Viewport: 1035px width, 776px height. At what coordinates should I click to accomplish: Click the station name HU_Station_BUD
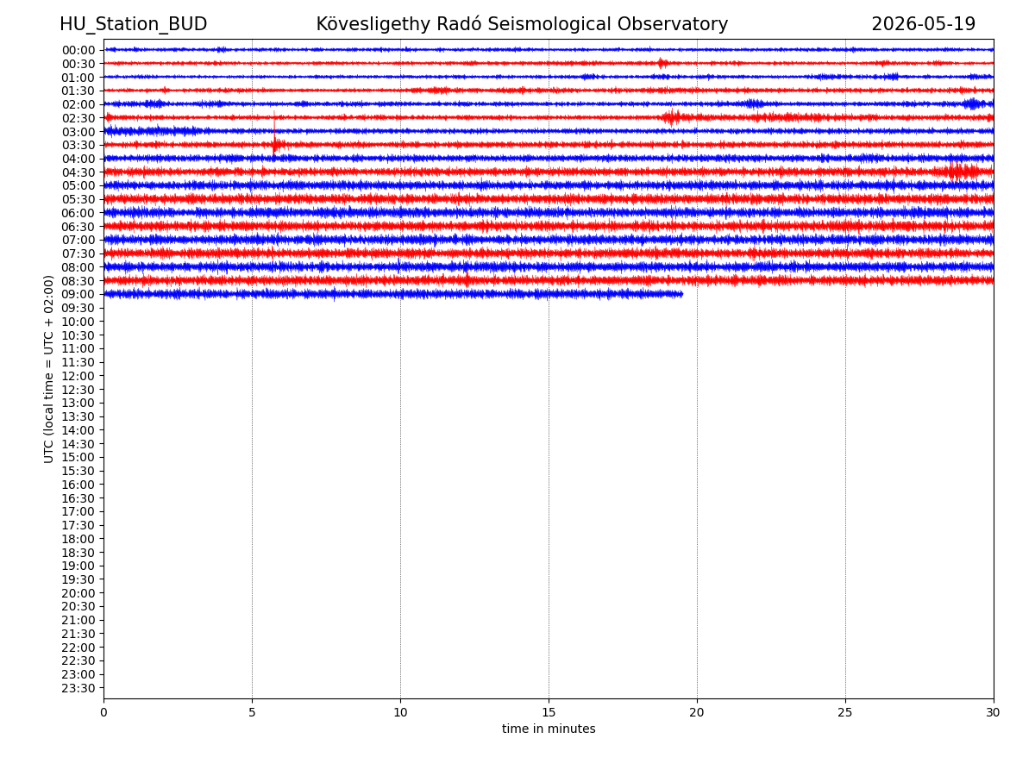tap(133, 24)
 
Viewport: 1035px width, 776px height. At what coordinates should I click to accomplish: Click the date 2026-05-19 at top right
tap(923, 24)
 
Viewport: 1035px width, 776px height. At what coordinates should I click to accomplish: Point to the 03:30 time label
tap(78, 145)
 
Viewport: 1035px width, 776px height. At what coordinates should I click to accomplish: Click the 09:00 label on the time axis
tap(78, 295)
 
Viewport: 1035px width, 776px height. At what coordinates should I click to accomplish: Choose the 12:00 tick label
tap(78, 376)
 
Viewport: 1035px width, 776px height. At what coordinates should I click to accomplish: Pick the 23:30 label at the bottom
tap(78, 688)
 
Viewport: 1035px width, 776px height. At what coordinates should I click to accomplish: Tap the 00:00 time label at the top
tap(78, 50)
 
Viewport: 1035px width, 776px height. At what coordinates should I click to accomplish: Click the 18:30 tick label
tap(78, 553)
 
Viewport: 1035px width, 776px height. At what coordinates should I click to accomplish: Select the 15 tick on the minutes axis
tap(549, 712)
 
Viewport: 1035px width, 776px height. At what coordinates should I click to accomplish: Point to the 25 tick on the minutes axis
tap(845, 712)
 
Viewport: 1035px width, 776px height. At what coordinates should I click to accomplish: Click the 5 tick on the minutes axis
tap(252, 712)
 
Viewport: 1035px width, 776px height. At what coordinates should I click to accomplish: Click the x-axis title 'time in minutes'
tap(549, 729)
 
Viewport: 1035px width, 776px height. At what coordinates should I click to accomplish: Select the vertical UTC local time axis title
tap(48, 369)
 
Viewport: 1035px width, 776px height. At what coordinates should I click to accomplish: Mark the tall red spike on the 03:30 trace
tap(274, 134)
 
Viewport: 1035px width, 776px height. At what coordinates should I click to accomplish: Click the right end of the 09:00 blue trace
tap(682, 295)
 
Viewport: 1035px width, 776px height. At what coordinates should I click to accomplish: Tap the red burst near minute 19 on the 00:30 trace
tap(662, 63)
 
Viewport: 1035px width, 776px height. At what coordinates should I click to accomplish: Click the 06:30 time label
tap(78, 227)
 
